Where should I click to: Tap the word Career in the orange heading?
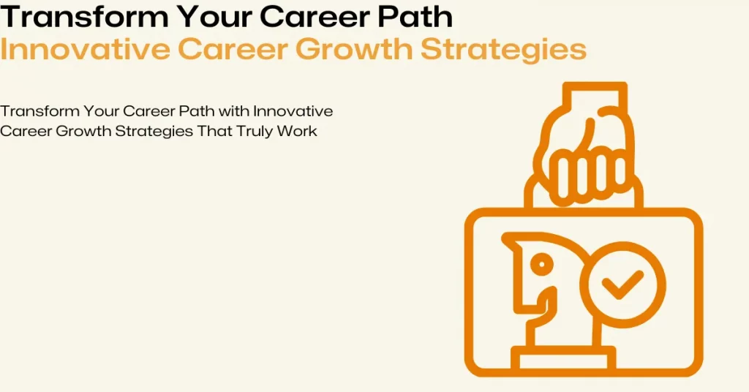[x=244, y=49]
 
